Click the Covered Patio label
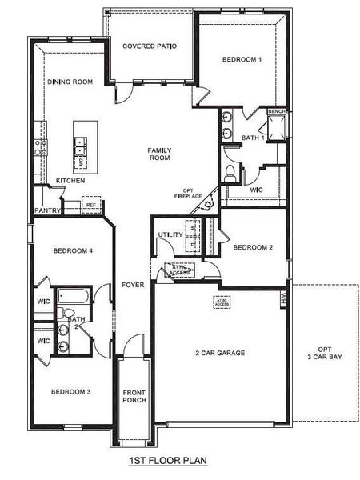pos(150,46)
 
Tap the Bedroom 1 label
pos(242,60)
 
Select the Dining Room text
pos(71,82)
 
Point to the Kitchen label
pos(70,182)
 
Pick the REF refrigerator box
pos(90,206)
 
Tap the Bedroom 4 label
pos(74,250)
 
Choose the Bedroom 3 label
pos(71,391)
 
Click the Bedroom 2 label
pos(254,248)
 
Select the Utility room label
pos(170,234)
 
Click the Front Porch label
pos(134,396)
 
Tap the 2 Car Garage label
pos(219,353)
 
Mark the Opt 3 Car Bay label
pos(324,352)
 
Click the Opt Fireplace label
pos(186,193)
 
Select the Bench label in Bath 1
pos(277,111)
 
